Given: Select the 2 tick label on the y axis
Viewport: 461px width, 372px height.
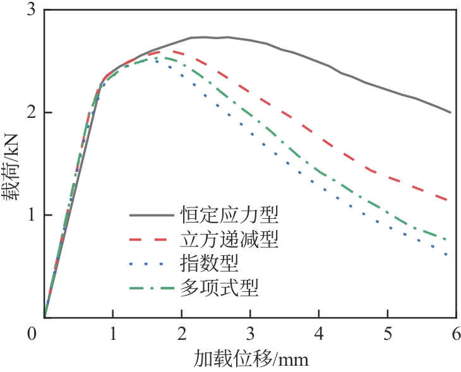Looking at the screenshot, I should pos(31,113).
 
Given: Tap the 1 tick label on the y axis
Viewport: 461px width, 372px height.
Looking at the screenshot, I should pos(31,215).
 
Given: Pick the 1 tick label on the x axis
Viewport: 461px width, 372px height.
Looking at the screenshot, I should pos(112,332).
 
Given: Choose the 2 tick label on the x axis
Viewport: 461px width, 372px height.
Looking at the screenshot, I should pos(181,332).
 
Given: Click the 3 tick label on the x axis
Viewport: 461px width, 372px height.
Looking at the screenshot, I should pos(250,332).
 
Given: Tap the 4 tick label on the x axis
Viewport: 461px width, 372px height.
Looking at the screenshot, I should pos(319,332).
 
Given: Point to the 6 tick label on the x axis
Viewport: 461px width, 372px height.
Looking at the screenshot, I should pos(456,332).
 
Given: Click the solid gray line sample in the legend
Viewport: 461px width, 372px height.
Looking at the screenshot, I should pos(152,216).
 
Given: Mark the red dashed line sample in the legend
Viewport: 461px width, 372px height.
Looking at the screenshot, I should pos(152,240).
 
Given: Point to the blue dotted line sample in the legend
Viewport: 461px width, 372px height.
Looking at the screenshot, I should pos(152,264).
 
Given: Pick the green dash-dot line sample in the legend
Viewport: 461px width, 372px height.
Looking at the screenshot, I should pos(152,289).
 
